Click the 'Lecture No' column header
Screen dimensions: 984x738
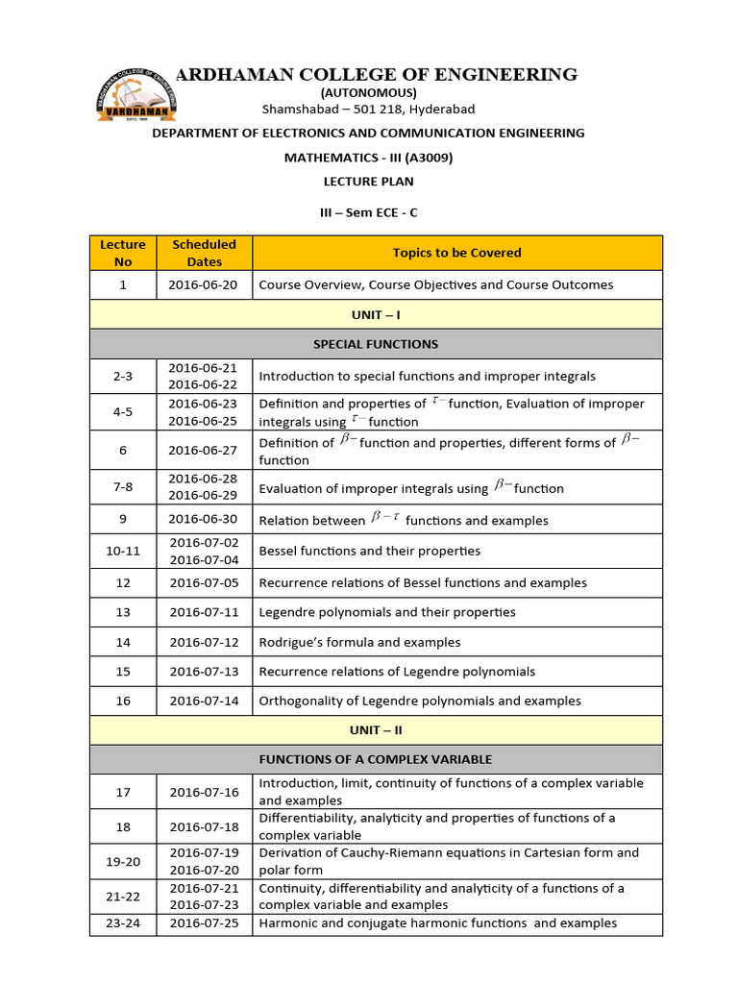(123, 253)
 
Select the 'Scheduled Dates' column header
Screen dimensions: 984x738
(204, 253)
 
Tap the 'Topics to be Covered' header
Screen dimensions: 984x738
(456, 253)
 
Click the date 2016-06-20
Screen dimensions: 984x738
(204, 284)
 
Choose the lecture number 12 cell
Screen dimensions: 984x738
(123, 582)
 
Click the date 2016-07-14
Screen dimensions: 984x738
(204, 701)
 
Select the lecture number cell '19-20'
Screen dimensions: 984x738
(123, 861)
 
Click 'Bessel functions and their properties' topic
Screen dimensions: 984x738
(370, 551)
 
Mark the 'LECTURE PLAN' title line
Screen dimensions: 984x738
(368, 181)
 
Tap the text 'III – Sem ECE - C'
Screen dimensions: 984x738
(368, 212)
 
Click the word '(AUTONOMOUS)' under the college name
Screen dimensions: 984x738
(368, 92)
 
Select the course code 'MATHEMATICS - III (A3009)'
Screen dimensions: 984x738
(368, 157)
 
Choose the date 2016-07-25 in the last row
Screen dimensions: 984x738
(204, 922)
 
